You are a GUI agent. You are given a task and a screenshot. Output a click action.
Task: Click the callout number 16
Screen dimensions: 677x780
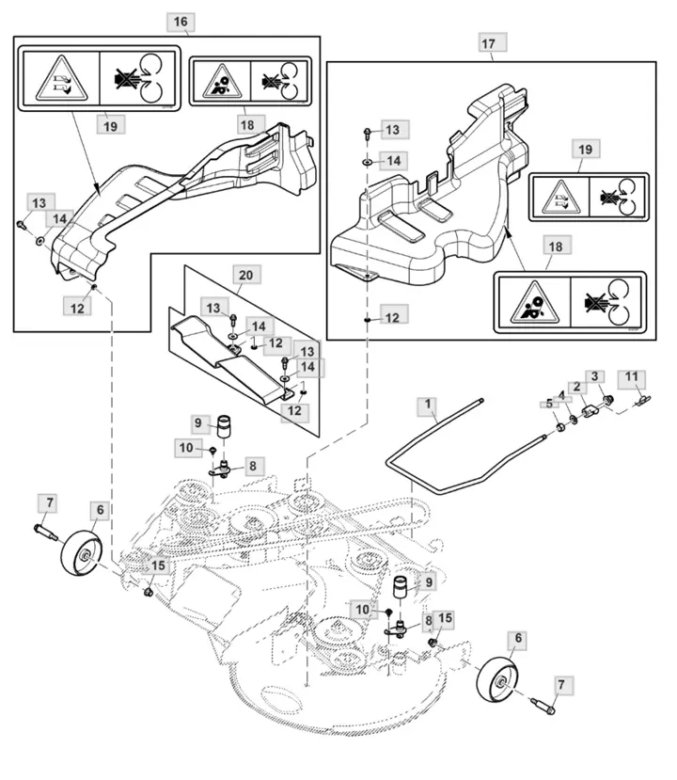coord(180,22)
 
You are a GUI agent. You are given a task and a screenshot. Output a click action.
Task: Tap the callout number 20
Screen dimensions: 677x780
coord(246,275)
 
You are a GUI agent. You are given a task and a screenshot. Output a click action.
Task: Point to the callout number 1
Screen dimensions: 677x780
coord(428,405)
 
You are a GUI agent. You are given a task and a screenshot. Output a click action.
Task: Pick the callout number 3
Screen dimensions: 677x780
coord(594,376)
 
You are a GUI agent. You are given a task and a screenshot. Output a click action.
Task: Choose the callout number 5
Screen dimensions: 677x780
coord(549,403)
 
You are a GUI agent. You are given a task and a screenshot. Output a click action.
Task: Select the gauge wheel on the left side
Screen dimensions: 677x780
coord(82,553)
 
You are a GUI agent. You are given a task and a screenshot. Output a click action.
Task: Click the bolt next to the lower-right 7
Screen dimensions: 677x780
coord(543,707)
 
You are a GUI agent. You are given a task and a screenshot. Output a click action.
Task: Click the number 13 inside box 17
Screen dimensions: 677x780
coord(392,130)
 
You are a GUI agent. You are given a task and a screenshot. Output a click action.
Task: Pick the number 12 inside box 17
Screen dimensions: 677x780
coord(393,317)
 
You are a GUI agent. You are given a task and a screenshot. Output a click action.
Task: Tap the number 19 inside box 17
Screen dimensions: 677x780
coord(586,150)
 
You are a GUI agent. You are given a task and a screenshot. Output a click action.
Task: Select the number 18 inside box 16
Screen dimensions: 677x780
coord(247,125)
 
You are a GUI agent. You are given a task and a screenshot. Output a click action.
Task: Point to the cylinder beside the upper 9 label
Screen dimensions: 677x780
coord(224,426)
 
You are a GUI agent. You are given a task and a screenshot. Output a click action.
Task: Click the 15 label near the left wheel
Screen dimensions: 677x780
coord(158,565)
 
